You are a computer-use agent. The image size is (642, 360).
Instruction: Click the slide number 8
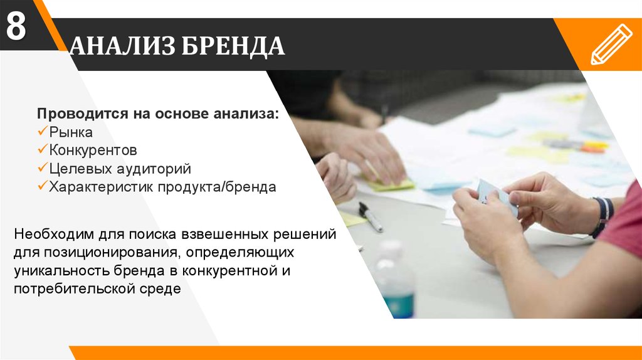tap(16, 28)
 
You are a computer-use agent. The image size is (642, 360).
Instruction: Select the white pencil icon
tap(611, 45)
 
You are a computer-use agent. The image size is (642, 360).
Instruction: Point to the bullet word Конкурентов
tap(93, 151)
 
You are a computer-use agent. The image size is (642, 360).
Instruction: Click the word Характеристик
tap(101, 187)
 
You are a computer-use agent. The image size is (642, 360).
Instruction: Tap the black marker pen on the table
tap(371, 217)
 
